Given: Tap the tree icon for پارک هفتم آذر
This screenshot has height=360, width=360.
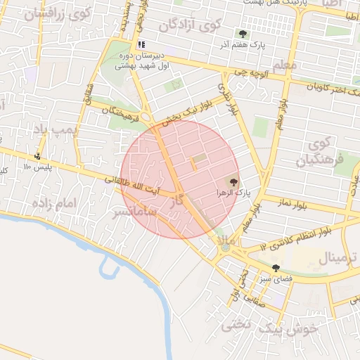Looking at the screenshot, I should click(x=243, y=33).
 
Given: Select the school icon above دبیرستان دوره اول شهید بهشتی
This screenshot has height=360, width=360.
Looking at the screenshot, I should click(x=141, y=44).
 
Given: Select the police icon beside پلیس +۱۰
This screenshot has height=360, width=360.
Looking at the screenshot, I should click(x=37, y=156).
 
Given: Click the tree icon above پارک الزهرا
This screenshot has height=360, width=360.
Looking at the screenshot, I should click(x=235, y=181).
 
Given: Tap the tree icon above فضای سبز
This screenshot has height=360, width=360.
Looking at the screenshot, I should click(x=276, y=268).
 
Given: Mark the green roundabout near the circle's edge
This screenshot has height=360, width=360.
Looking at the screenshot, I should click(x=225, y=247).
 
